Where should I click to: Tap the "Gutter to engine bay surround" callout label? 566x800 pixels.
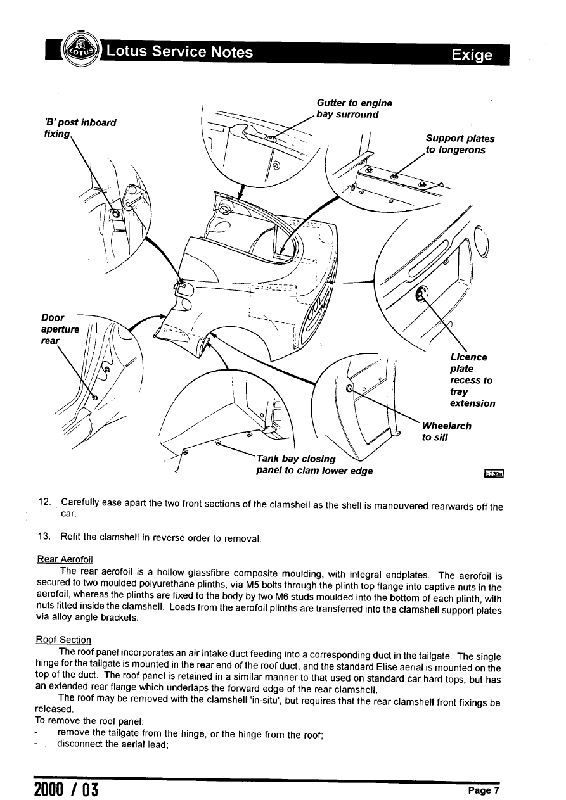coord(354,109)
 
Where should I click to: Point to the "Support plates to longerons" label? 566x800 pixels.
coord(460,144)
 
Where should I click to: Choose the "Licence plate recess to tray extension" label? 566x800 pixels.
coord(472,380)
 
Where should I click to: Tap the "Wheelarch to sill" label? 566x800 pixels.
coord(446,431)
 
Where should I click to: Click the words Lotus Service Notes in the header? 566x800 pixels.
coord(180,51)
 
